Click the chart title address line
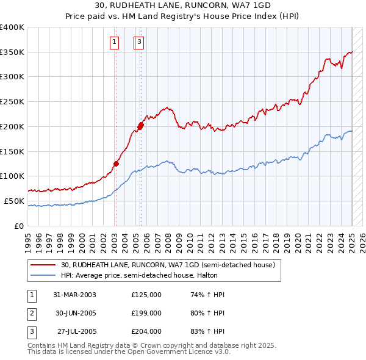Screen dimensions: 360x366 point(183,5)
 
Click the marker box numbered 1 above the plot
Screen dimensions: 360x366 point(115,42)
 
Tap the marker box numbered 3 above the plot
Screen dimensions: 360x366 point(139,42)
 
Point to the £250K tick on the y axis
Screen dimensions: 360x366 point(12,101)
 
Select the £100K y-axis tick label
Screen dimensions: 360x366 point(12,176)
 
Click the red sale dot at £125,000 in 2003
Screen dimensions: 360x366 point(115,164)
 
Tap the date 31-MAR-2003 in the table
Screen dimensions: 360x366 point(74,295)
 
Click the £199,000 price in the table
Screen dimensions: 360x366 point(146,313)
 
